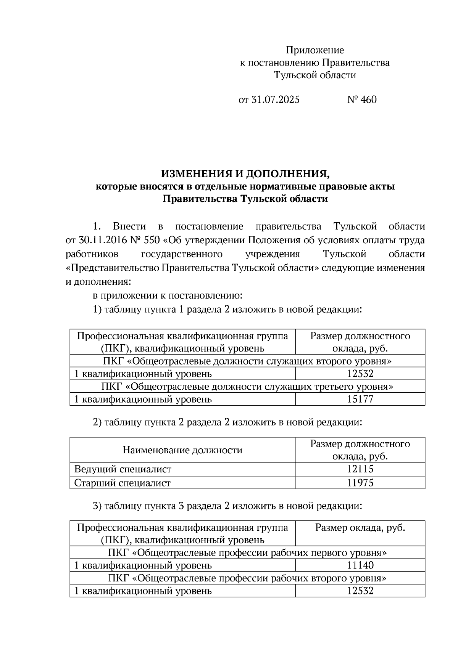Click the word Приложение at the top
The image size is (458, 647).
pos(315,50)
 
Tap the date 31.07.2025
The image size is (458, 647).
pos(275,100)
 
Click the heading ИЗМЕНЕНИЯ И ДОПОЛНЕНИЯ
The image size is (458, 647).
pos(245,174)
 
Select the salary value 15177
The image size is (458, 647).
pos(360,399)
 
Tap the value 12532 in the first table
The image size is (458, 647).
pos(360,374)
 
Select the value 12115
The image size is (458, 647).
pos(360,469)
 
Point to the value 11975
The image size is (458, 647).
pos(360,483)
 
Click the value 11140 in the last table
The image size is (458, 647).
pos(360,565)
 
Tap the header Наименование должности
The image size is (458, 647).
pos(182,450)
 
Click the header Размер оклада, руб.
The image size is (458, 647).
pos(360,528)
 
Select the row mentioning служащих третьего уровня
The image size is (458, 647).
pos(247,387)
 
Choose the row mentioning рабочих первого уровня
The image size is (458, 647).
pos(247,552)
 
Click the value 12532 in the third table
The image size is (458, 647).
pos(360,591)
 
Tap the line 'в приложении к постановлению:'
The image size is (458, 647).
pos(167,295)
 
